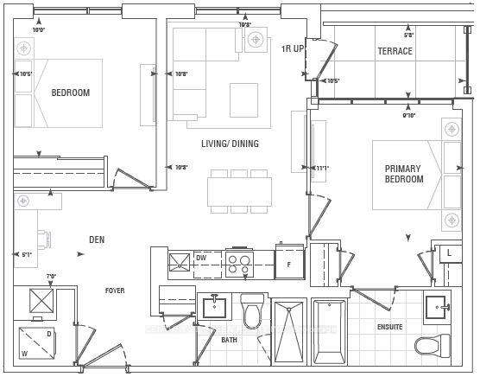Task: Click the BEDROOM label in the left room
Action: (x=70, y=93)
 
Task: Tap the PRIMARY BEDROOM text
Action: (x=403, y=174)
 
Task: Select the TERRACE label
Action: (x=395, y=51)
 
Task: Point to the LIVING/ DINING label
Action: (x=230, y=144)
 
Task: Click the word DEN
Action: (x=97, y=240)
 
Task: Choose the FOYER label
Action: (x=116, y=291)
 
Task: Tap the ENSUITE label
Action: (x=389, y=327)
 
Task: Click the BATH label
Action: (x=229, y=340)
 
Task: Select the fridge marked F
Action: (x=289, y=263)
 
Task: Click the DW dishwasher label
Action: (x=200, y=258)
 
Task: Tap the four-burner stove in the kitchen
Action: (x=239, y=263)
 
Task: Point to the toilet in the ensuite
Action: (x=433, y=346)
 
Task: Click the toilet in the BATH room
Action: (x=252, y=313)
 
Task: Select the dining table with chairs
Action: (x=239, y=191)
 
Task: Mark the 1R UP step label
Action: (x=293, y=48)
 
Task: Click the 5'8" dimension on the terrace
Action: (x=408, y=35)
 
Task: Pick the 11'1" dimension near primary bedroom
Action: (x=322, y=168)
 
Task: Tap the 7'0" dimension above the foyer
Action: (x=51, y=277)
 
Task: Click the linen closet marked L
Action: (x=449, y=252)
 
